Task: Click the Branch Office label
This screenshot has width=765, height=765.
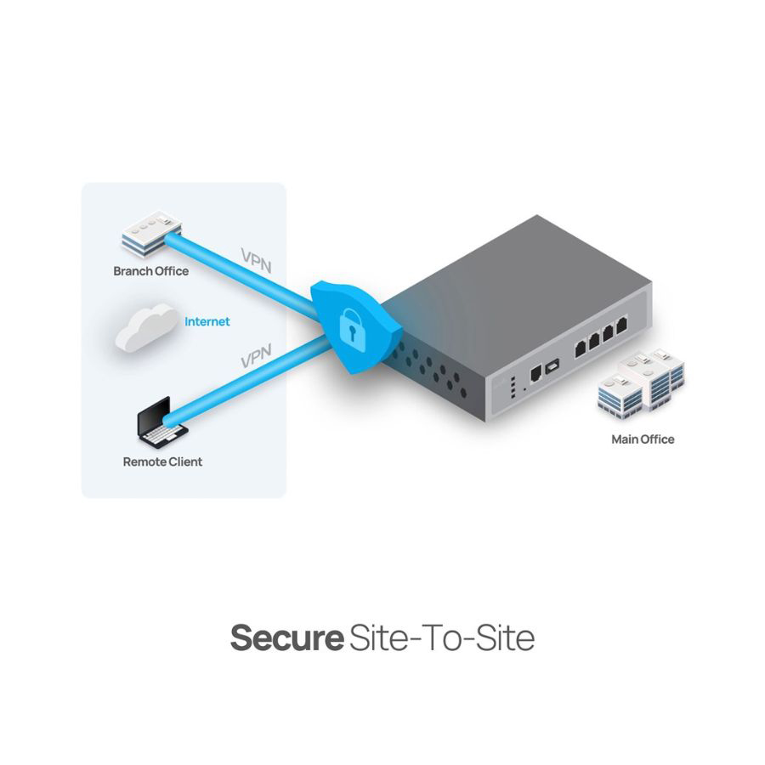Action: pyautogui.click(x=150, y=271)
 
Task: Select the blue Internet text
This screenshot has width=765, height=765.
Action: pyautogui.click(x=207, y=322)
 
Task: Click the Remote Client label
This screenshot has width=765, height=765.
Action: pyautogui.click(x=162, y=462)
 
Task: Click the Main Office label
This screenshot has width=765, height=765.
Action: pyautogui.click(x=643, y=439)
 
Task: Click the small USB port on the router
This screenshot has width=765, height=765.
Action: pyautogui.click(x=553, y=365)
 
